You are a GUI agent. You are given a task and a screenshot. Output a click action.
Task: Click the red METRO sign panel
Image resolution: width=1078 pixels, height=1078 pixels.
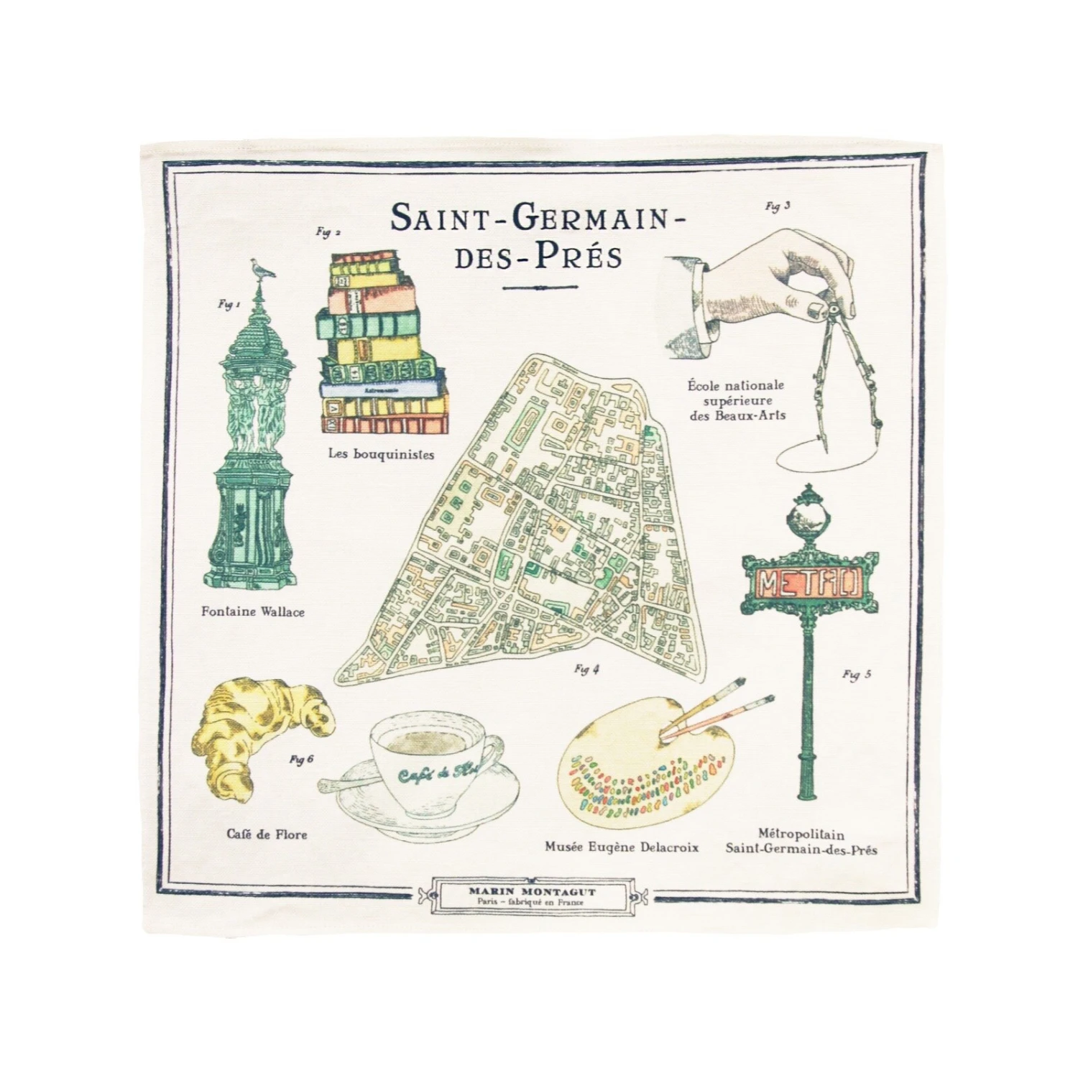(x=809, y=582)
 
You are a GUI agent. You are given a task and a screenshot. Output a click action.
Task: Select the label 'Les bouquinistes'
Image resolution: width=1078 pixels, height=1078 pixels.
(x=381, y=454)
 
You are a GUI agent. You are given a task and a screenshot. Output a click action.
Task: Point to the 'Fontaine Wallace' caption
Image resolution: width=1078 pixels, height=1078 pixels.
(x=253, y=612)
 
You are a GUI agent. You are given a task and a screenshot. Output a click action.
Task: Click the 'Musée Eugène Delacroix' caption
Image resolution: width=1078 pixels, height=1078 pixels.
(x=621, y=847)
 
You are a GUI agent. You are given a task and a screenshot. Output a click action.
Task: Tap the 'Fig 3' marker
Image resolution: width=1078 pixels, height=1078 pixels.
(x=778, y=207)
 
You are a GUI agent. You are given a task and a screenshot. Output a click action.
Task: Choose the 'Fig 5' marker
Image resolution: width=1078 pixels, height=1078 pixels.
(x=857, y=674)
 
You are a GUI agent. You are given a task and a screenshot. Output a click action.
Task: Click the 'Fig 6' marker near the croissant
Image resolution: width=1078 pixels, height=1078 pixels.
(x=301, y=760)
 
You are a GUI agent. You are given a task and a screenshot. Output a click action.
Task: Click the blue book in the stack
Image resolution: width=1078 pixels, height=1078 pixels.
(x=381, y=387)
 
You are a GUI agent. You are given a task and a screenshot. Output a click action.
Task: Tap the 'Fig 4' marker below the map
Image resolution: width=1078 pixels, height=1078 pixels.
(x=586, y=670)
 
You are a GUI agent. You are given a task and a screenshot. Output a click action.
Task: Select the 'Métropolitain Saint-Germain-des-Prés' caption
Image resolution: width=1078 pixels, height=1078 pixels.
(x=801, y=842)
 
